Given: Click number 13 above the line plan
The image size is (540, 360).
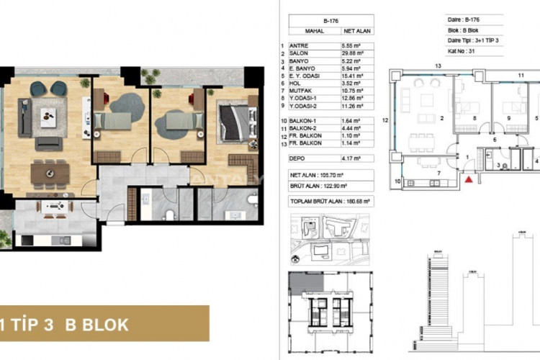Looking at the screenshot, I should pyautogui.click(x=437, y=66).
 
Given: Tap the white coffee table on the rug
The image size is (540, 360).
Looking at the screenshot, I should pyautogui.click(x=48, y=117).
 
